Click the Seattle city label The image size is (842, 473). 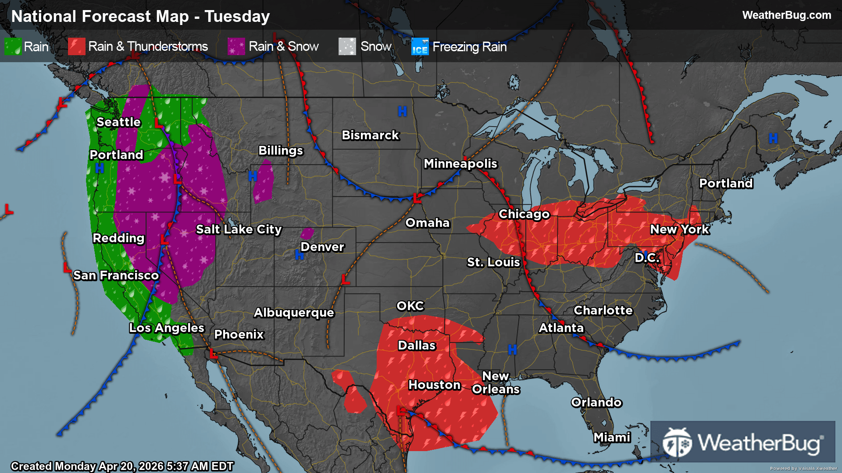click(118, 122)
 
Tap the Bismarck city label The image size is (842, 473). click(370, 135)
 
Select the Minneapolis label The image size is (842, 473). click(460, 164)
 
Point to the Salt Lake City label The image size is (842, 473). click(239, 229)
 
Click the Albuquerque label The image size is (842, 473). click(294, 313)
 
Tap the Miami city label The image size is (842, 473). click(612, 438)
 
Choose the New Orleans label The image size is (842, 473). click(496, 383)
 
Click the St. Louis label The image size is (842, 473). click(493, 262)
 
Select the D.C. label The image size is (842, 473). click(647, 258)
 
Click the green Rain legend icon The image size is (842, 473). click(13, 46)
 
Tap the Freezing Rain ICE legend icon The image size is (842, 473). click(420, 46)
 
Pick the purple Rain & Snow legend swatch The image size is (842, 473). click(236, 46)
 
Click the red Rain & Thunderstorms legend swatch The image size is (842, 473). click(76, 46)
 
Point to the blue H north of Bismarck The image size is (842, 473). click(402, 112)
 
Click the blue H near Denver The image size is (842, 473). click(299, 255)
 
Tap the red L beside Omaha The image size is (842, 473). click(417, 198)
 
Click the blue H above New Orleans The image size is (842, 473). click(512, 349)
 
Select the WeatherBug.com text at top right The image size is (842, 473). click(786, 15)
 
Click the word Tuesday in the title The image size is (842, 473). click(237, 17)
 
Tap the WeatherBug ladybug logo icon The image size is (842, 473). click(677, 442)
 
